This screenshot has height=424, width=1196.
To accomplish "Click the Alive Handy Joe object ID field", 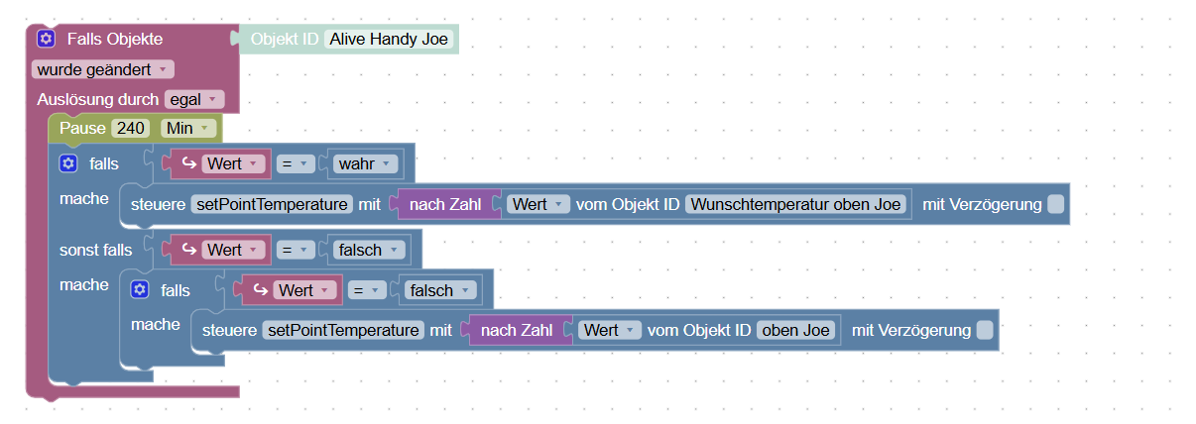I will click(x=390, y=40).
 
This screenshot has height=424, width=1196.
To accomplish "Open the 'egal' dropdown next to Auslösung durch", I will click(x=194, y=99).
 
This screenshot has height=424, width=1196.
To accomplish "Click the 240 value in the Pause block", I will click(x=130, y=129).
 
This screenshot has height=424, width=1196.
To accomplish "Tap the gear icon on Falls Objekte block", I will click(x=46, y=40).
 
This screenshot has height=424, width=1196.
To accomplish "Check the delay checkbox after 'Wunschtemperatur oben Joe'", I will click(x=1055, y=204).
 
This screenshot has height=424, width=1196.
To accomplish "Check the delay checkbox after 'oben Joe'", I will click(x=984, y=330).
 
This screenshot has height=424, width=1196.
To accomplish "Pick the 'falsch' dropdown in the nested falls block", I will click(x=440, y=290).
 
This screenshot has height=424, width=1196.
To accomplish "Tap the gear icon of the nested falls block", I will click(x=140, y=290).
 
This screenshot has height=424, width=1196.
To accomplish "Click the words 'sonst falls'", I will click(x=95, y=250).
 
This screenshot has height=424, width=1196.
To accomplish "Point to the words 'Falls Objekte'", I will click(x=114, y=40).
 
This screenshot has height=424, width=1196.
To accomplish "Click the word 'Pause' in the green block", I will click(x=81, y=129).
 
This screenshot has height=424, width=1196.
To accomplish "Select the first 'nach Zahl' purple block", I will click(x=444, y=204).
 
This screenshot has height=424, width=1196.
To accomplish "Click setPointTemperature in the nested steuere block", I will click(x=343, y=330).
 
